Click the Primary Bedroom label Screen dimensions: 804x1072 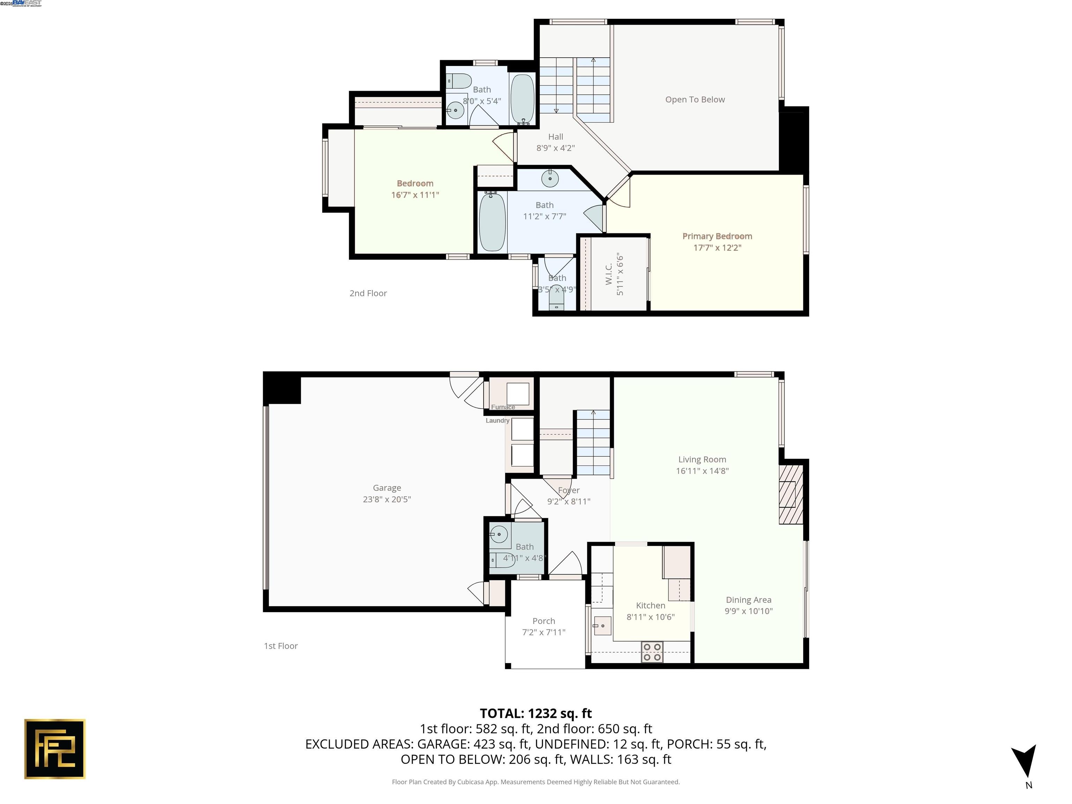click(x=717, y=236)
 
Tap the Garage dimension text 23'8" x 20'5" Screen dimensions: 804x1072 click(x=386, y=499)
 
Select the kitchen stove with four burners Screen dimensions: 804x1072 click(x=652, y=652)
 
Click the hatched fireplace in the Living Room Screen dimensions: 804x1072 click(x=790, y=494)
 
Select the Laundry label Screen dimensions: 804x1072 click(x=497, y=420)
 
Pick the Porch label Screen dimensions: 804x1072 click(x=543, y=621)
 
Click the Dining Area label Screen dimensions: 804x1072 click(x=748, y=600)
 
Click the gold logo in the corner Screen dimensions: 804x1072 click(x=55, y=749)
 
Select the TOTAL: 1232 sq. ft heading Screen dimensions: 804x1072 click(x=536, y=713)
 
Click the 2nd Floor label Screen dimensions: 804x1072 click(x=368, y=293)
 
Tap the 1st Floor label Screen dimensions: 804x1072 click(x=281, y=646)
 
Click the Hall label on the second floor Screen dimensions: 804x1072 click(x=556, y=137)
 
